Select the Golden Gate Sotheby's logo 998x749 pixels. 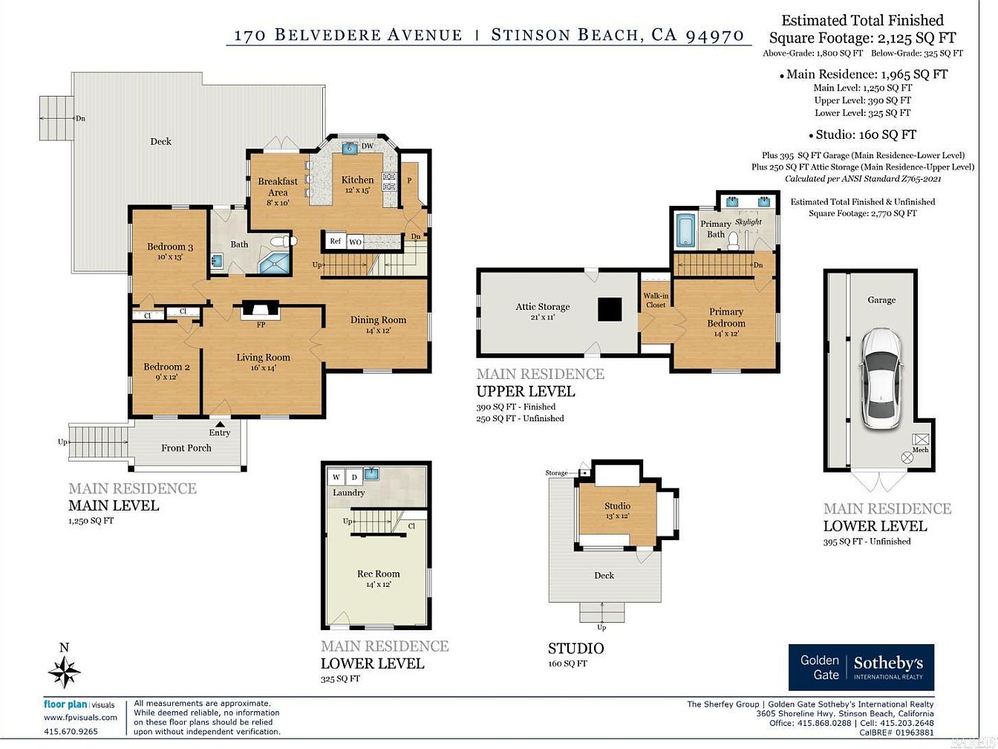point(861,667)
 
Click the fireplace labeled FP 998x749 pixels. point(260,309)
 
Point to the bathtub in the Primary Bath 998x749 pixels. point(685,230)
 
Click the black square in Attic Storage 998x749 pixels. point(610,310)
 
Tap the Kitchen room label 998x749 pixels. point(357,180)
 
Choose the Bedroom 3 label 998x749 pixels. point(170,247)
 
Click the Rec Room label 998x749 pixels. point(378,574)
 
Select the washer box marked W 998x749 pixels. point(336,477)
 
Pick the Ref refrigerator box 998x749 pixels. point(336,241)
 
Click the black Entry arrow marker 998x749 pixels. point(220,424)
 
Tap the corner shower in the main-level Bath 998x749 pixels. point(274,263)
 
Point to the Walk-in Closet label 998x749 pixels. point(656,300)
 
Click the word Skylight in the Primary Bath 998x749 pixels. point(748,221)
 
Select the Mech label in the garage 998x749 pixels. point(920,450)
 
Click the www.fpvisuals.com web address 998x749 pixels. point(80,718)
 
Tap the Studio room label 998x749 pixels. point(618,506)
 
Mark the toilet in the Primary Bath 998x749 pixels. point(733,241)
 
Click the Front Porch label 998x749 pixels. point(186,448)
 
